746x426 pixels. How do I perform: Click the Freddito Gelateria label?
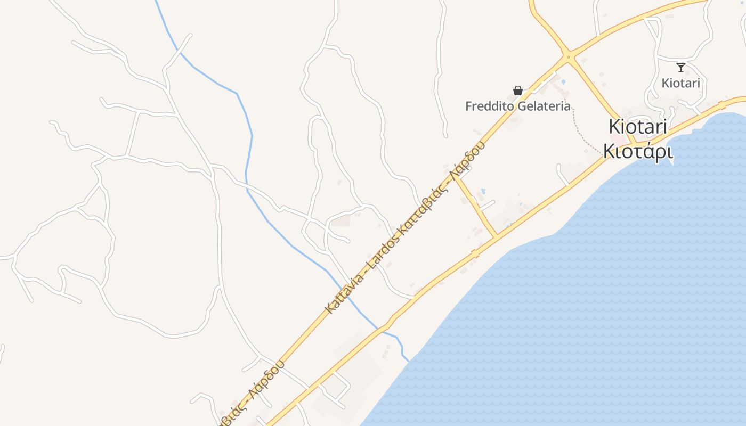click(x=518, y=106)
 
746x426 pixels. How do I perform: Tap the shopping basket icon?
click(x=517, y=91)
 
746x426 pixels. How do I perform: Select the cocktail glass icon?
click(x=680, y=68)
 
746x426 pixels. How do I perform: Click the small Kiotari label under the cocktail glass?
click(x=680, y=83)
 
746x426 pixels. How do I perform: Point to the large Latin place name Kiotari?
click(x=638, y=127)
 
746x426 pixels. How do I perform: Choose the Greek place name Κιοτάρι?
click(x=638, y=151)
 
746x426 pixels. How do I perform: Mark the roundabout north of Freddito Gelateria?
click(x=569, y=56)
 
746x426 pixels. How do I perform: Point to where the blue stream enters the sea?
click(x=408, y=361)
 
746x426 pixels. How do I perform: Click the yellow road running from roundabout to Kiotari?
click(x=599, y=96)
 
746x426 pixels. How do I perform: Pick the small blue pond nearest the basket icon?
click(x=563, y=81)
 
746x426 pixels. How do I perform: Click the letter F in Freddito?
click(x=469, y=106)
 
